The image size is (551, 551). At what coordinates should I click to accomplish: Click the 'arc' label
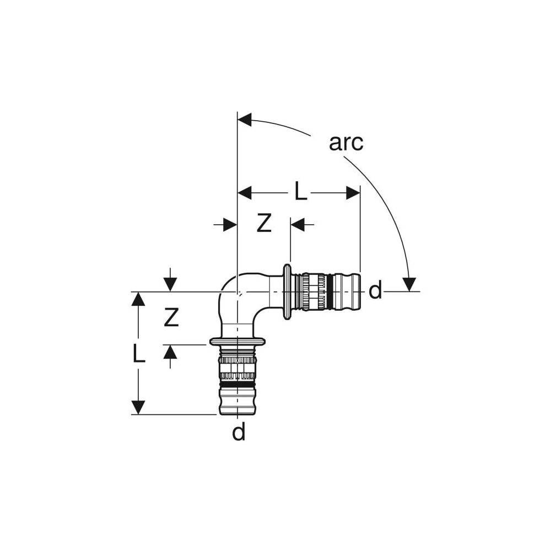[346, 142]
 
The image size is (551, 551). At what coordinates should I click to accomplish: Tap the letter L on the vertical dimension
[139, 353]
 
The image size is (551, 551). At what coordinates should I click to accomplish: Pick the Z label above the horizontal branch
[264, 224]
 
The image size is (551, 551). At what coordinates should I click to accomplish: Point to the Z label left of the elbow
[171, 317]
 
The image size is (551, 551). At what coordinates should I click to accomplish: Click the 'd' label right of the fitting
[375, 290]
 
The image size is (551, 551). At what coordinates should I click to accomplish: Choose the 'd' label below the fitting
[238, 433]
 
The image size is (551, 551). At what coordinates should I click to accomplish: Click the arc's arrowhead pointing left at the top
[244, 120]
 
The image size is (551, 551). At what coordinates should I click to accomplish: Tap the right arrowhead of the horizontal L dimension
[353, 193]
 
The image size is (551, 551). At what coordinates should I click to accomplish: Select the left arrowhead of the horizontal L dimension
[245, 193]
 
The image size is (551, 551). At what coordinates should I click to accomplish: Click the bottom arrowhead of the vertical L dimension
[138, 407]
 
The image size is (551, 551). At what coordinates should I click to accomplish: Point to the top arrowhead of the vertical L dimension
[138, 299]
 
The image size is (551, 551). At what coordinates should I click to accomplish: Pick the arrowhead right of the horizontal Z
[298, 225]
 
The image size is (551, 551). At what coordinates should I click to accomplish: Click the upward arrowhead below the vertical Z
[170, 352]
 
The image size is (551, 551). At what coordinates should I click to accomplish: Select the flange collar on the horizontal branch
[287, 291]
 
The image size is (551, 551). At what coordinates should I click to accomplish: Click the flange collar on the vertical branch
[237, 342]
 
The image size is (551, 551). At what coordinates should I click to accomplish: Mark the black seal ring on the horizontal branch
[329, 291]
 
